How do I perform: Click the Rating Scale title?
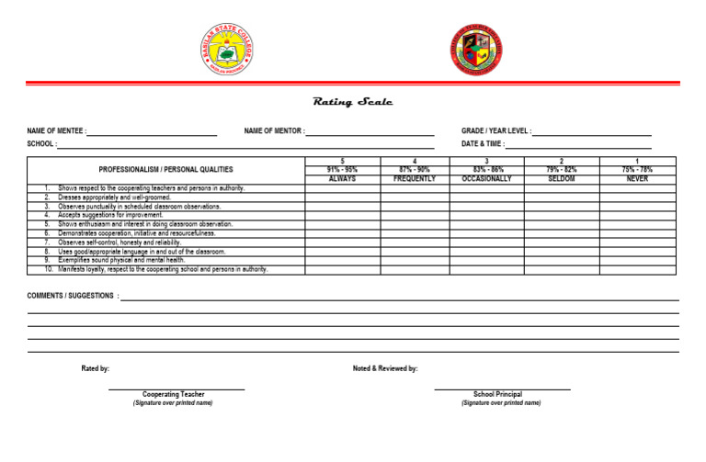(353, 103)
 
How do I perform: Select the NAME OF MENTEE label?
(57, 132)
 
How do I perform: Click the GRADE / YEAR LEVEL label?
(495, 132)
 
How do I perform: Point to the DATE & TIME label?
(482, 144)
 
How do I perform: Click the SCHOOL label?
(41, 144)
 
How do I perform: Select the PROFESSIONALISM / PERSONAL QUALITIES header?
(166, 170)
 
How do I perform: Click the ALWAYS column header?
(342, 179)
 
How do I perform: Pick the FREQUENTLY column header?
(414, 179)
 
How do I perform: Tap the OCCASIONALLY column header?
(486, 179)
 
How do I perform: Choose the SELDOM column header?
(561, 179)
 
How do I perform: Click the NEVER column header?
(637, 179)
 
